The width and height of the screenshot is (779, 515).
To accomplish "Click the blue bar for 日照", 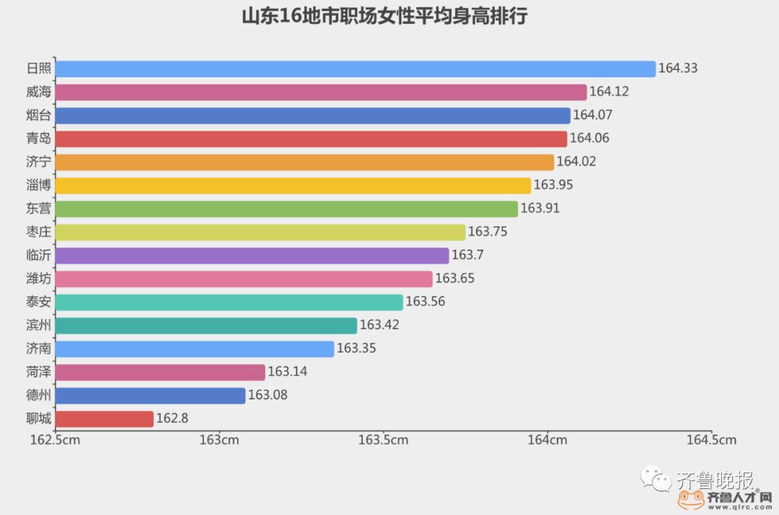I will click(x=355, y=69).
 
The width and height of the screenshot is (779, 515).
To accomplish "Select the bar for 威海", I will click(x=320, y=92).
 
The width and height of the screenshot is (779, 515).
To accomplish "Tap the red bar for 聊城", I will click(x=104, y=419).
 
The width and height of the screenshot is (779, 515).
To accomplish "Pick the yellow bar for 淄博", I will click(x=293, y=185).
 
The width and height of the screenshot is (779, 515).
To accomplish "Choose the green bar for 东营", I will click(x=286, y=208).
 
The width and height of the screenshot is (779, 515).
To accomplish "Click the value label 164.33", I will click(x=678, y=69).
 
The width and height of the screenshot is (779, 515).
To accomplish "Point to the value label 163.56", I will click(x=426, y=302).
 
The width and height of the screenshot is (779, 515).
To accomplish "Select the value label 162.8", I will click(x=172, y=419).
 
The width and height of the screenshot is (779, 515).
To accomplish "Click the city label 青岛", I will click(x=38, y=138).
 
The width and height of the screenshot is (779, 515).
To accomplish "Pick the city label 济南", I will click(x=38, y=348).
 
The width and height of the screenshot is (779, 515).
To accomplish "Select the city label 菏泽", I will click(x=38, y=372).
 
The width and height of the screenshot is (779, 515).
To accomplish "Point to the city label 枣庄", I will click(x=38, y=232).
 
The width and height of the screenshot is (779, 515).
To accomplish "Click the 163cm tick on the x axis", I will click(x=219, y=440).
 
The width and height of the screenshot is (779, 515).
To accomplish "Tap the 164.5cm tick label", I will click(x=711, y=440).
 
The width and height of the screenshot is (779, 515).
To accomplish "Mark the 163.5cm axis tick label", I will click(x=383, y=440).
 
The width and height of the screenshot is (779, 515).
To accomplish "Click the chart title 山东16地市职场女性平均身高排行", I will click(x=384, y=17).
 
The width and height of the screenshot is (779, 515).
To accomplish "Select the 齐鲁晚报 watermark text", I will click(x=714, y=480).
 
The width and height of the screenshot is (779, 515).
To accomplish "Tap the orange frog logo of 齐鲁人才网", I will click(x=690, y=499).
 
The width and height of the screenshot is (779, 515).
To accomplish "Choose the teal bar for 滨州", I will click(x=206, y=325).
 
